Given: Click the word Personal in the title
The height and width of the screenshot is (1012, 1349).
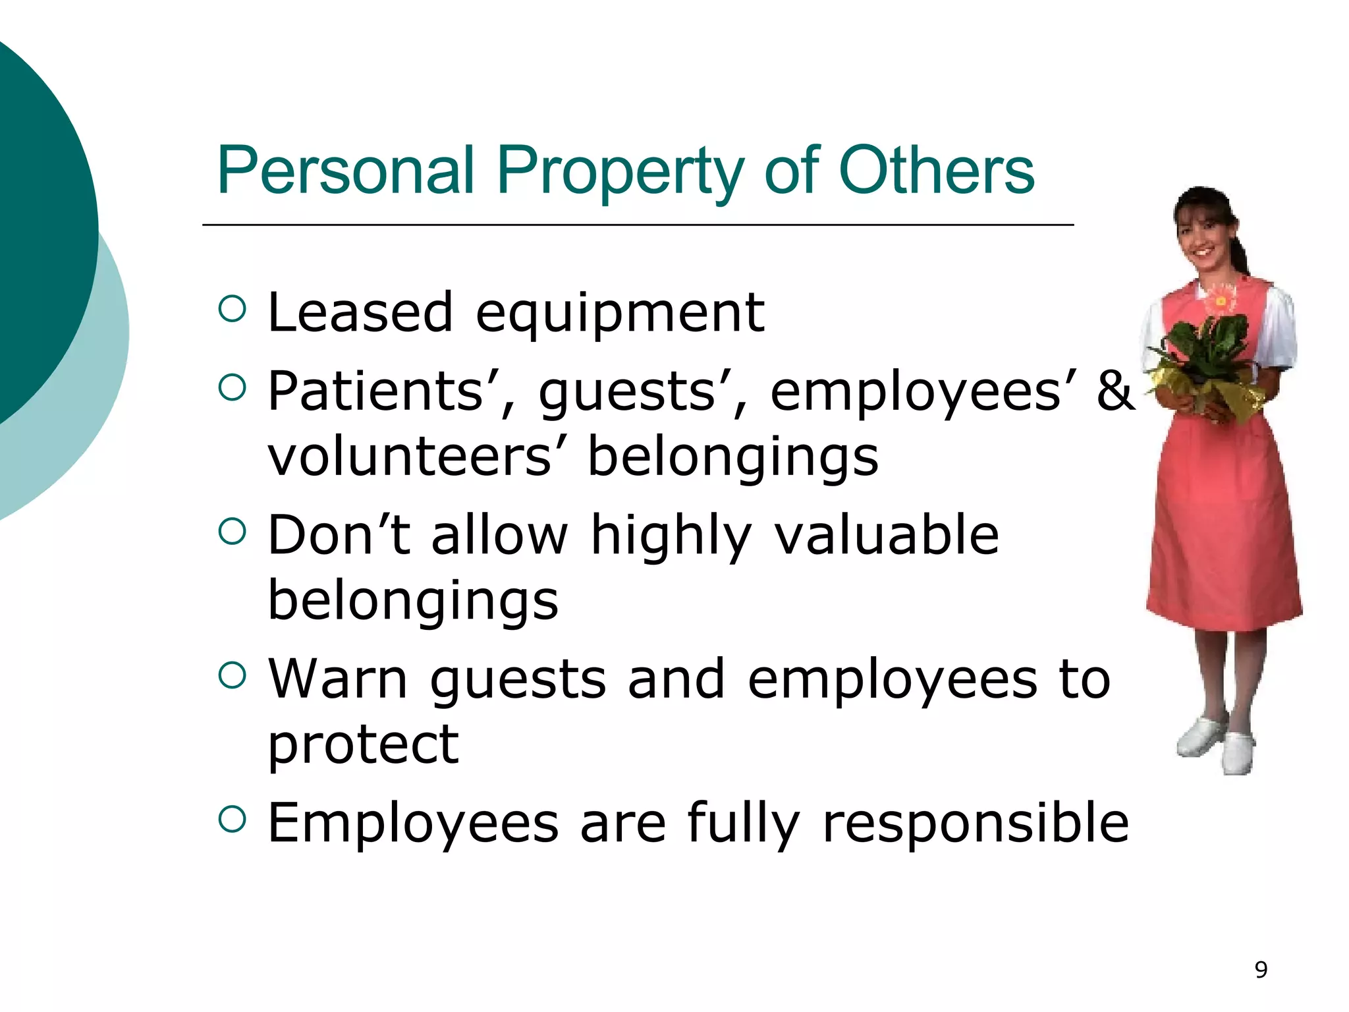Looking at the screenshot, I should click(346, 171).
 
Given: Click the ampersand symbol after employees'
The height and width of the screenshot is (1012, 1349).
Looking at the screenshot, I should click(1115, 391).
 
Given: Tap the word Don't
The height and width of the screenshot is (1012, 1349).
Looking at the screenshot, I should click(340, 534).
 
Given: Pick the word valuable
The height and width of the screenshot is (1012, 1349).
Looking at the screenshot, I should click(887, 534).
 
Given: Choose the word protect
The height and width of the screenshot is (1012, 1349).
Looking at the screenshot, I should click(363, 746).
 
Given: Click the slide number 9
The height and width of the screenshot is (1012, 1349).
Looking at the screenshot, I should click(1261, 970).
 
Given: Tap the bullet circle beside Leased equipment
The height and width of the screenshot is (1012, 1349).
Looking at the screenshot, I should click(232, 308).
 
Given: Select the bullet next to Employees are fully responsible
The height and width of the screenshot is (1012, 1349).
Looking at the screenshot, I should click(232, 819).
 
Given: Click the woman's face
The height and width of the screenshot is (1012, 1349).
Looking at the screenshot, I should click(1202, 234).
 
